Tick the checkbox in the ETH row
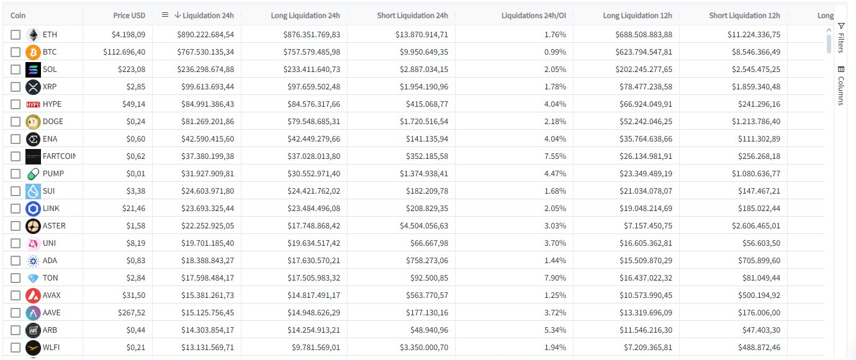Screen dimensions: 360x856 (x=16, y=35)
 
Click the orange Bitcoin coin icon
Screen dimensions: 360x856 (x=33, y=52)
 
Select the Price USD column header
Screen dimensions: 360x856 (x=129, y=15)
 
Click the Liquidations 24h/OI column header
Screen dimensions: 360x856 (x=533, y=15)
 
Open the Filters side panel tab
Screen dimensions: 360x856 (x=841, y=38)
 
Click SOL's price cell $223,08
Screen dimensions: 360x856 (x=131, y=70)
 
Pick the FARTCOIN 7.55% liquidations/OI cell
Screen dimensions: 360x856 (x=555, y=156)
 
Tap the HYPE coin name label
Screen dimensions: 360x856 (x=52, y=104)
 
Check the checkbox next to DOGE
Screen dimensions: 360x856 (x=16, y=122)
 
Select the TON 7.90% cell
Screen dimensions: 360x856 (x=555, y=278)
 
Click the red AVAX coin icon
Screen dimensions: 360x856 (x=33, y=295)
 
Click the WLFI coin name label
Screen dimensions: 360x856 (x=52, y=348)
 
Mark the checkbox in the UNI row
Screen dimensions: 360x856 (x=16, y=243)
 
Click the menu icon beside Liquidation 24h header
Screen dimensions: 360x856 (x=164, y=15)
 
